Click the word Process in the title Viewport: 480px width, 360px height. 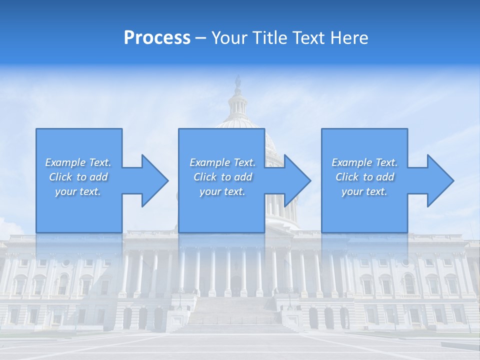tap(157, 38)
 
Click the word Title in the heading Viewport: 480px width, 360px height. tap(268, 38)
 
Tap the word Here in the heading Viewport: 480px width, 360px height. tap(348, 38)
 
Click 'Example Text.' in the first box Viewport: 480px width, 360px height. tap(78, 162)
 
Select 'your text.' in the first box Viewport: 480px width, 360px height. tap(78, 191)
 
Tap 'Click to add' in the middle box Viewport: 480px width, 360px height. tap(222, 177)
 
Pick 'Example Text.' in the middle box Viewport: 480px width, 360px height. tap(222, 162)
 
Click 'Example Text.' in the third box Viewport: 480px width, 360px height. tap(364, 162)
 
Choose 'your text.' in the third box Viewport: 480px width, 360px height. tap(364, 191)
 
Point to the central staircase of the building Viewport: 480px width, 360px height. tap(235, 315)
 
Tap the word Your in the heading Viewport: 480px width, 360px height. tap(229, 38)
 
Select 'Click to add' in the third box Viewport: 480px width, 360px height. tap(364, 177)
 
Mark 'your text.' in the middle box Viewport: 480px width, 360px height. tap(222, 191)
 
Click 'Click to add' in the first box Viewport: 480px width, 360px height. tap(78, 177)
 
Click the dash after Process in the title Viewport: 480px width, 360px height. tap(200, 38)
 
